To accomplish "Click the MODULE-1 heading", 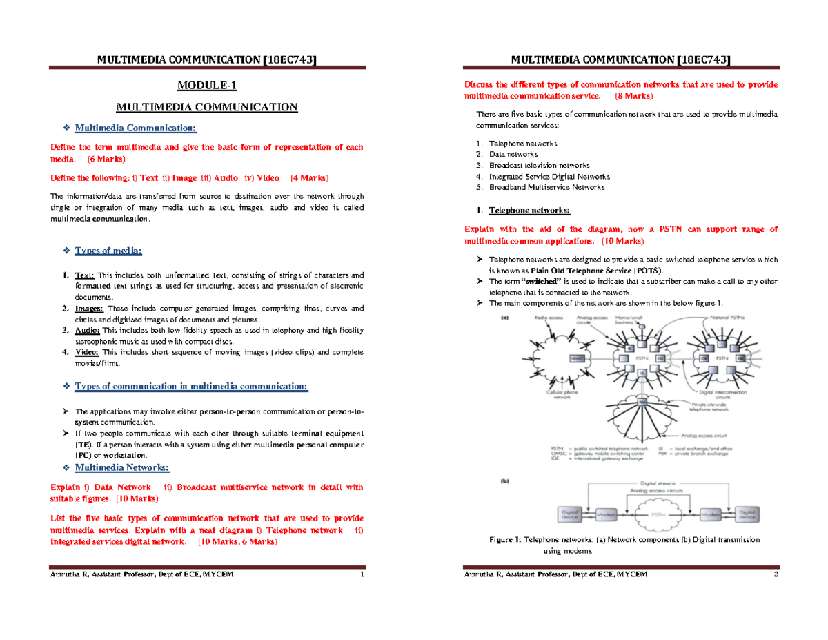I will [206, 86].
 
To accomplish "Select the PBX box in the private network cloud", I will [642, 400].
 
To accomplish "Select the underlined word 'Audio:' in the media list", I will [87, 331].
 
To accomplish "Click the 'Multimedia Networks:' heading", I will [121, 467].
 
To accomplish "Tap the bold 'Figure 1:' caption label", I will [505, 539].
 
